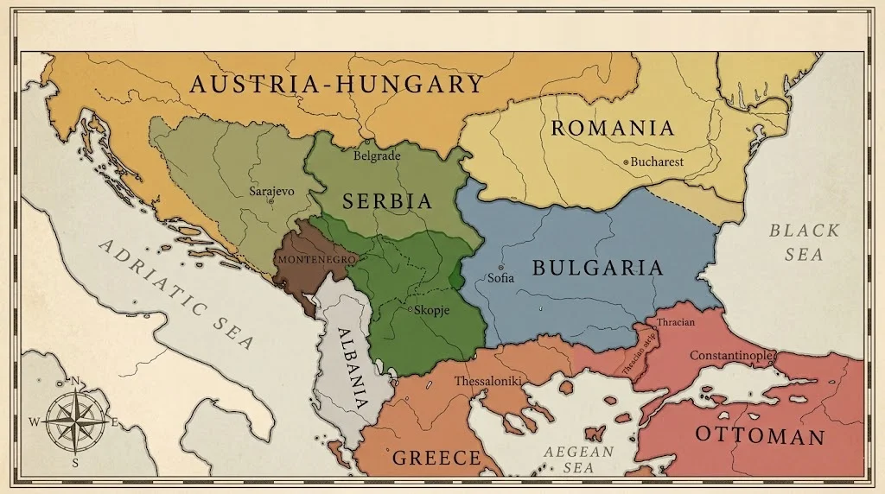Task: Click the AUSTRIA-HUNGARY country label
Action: [x=336, y=84]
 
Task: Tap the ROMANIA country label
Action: [x=613, y=129]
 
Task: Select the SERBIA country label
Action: [x=386, y=201]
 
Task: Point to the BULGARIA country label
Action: [x=597, y=267]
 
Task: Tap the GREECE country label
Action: [x=436, y=458]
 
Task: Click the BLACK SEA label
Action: [x=804, y=242]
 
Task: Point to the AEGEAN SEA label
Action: [x=578, y=459]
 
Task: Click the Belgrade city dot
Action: [x=366, y=142]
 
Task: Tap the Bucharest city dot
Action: [x=626, y=161]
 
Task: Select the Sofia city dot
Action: [x=500, y=268]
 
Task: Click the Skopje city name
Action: [x=433, y=311]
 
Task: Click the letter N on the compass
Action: [x=75, y=381]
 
